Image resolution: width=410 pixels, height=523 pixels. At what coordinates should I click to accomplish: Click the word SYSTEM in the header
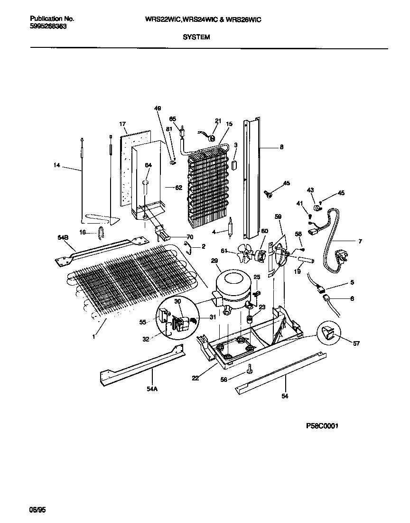coord(196,36)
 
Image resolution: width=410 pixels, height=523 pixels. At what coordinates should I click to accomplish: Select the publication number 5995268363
coord(48,27)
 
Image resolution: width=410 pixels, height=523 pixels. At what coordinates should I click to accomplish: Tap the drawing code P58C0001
coord(322,426)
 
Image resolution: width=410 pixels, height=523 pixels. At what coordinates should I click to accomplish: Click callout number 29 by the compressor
coord(214,261)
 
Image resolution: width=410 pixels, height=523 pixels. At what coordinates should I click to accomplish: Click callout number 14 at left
coord(57,165)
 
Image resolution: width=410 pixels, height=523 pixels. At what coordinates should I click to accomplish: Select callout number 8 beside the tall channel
coord(281,147)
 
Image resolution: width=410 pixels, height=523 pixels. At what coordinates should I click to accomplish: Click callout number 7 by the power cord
coord(360,242)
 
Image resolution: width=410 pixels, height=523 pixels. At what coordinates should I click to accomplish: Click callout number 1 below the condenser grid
coord(93,336)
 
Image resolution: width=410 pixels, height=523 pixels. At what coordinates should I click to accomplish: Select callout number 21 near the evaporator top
coord(218,120)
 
